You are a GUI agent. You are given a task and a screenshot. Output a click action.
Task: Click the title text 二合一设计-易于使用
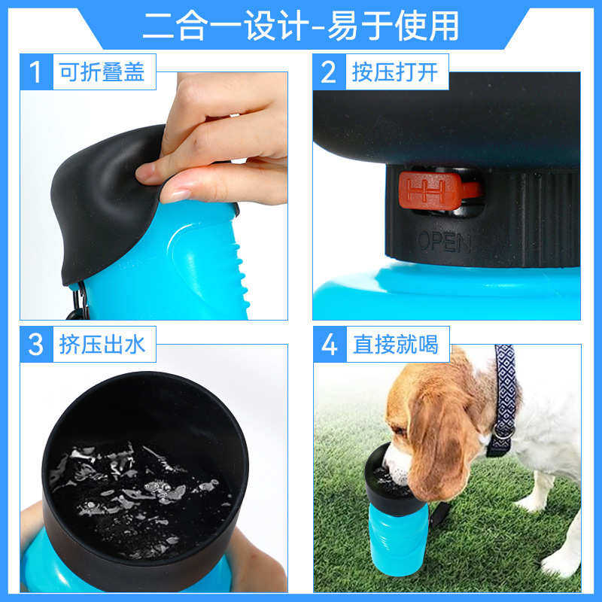pyautogui.click(x=300, y=26)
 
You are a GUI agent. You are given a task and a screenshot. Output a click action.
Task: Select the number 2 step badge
pyautogui.click(x=328, y=72)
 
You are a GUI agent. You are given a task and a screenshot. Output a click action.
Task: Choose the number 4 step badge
pyautogui.click(x=329, y=345)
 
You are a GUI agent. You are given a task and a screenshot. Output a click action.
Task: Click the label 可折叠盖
pyautogui.click(x=102, y=72)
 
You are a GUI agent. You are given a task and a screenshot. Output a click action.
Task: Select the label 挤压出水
pyautogui.click(x=102, y=345)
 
